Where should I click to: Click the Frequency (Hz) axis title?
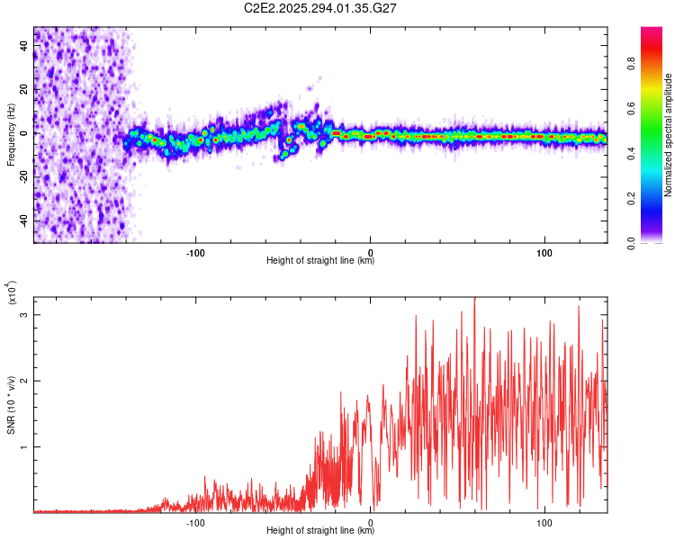(11, 134)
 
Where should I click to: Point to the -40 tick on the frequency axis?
(24, 220)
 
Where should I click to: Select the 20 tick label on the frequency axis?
(24, 89)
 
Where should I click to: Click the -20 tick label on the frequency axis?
(24, 177)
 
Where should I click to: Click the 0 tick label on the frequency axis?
(24, 133)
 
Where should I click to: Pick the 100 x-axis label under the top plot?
(544, 251)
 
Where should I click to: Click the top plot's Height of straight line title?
(320, 261)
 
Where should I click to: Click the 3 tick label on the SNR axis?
(24, 315)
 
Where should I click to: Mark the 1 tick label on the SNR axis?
(24, 447)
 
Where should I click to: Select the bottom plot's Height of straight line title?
(320, 531)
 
